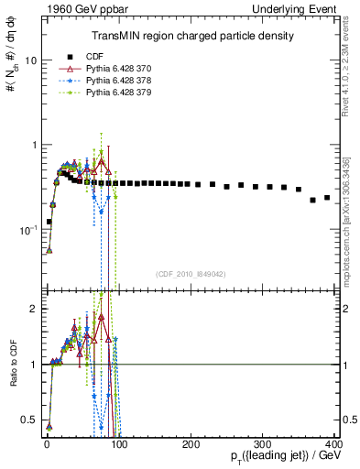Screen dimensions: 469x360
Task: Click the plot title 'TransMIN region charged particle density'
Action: tap(191, 36)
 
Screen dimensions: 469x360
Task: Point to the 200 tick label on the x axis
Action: tap(191, 443)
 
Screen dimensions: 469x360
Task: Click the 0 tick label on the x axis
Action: tap(47, 443)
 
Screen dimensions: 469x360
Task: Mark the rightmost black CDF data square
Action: tap(327, 197)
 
